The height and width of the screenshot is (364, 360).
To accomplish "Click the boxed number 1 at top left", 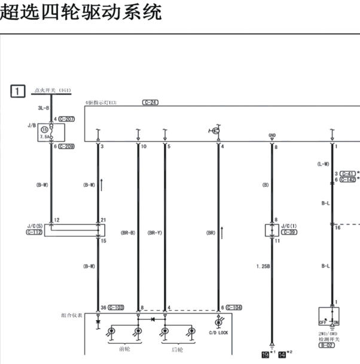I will click(x=19, y=92).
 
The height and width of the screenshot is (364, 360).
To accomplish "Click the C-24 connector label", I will click(x=150, y=102).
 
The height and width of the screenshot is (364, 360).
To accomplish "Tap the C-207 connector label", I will click(x=66, y=119).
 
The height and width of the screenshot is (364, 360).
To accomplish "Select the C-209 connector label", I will click(x=66, y=146).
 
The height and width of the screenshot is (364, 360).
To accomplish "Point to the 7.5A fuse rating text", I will click(x=44, y=136).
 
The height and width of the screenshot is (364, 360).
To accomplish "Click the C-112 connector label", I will click(x=35, y=232).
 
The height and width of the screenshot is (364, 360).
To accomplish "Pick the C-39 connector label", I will click(x=289, y=232).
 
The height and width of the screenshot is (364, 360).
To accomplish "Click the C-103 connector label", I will click(x=115, y=307).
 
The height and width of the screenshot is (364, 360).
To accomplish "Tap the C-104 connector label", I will click(x=234, y=307).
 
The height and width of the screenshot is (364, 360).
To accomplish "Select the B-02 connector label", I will click(x=327, y=345).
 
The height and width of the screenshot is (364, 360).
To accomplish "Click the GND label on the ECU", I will click(x=273, y=136).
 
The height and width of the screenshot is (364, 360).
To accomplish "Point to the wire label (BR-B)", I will click(x=128, y=232).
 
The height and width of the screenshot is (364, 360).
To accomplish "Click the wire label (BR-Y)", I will click(x=155, y=232).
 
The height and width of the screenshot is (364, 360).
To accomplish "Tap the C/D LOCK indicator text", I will click(x=218, y=332).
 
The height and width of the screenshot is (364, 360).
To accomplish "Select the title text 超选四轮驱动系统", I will click(x=81, y=13).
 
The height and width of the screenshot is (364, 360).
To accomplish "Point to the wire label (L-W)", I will click(x=324, y=164).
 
